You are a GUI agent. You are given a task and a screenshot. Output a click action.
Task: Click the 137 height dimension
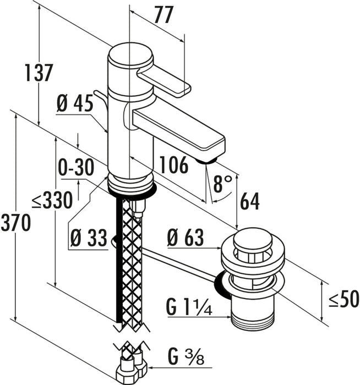(39, 73)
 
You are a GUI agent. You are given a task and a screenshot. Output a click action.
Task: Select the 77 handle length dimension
(164, 15)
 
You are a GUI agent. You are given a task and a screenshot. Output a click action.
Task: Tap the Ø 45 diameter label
(75, 103)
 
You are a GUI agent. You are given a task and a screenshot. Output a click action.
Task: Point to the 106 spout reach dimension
(173, 165)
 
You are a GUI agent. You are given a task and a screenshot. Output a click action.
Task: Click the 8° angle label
(222, 183)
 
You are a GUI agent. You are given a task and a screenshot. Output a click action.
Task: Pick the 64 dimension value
(249, 201)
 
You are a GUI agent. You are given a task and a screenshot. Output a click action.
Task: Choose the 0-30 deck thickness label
(76, 167)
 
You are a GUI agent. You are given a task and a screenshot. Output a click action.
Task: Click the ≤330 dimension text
(52, 200)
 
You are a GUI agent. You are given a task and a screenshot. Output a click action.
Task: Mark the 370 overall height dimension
(16, 222)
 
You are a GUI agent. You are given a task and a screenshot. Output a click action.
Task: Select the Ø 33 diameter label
(89, 238)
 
